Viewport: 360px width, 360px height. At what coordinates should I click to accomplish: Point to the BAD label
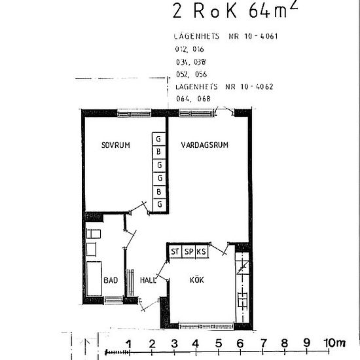click(111, 280)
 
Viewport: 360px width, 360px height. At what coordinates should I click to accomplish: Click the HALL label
click(148, 280)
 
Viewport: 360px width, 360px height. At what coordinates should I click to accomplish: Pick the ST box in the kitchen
click(175, 251)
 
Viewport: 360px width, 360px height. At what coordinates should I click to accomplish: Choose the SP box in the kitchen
click(188, 251)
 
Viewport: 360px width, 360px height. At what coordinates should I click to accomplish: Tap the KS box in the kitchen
click(201, 251)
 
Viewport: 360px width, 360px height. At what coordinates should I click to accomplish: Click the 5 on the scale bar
click(217, 343)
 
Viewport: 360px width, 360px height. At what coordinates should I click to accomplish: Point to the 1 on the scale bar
click(129, 343)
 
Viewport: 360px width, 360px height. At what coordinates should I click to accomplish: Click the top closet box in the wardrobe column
click(158, 139)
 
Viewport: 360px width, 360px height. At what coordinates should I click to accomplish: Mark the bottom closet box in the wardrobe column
click(158, 205)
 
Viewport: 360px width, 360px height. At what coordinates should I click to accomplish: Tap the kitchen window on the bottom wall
click(207, 325)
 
